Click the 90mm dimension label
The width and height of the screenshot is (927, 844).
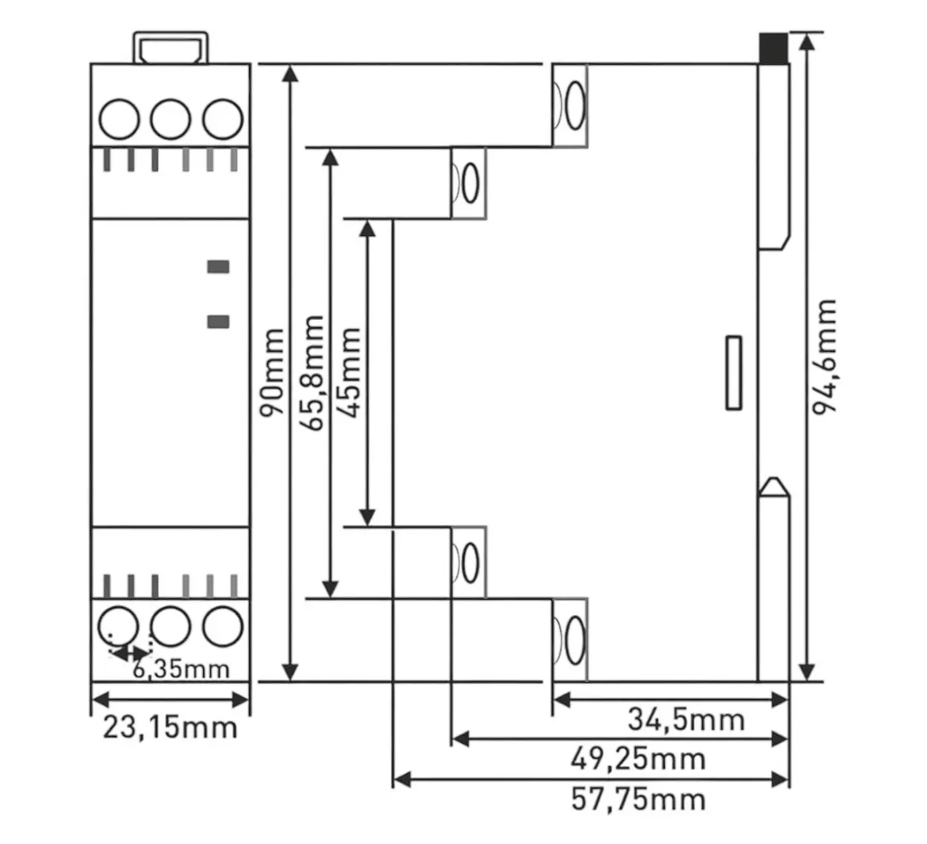click(272, 373)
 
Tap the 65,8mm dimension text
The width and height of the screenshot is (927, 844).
click(311, 373)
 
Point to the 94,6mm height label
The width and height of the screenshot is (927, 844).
click(824, 356)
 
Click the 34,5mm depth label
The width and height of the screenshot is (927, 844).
click(686, 719)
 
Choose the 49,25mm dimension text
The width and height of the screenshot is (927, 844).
click(638, 759)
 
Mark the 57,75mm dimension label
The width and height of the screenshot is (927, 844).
click(638, 800)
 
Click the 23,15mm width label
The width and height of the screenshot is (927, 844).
click(170, 727)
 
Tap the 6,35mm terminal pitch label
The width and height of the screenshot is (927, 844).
click(181, 669)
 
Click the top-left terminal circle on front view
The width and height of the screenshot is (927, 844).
click(119, 118)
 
